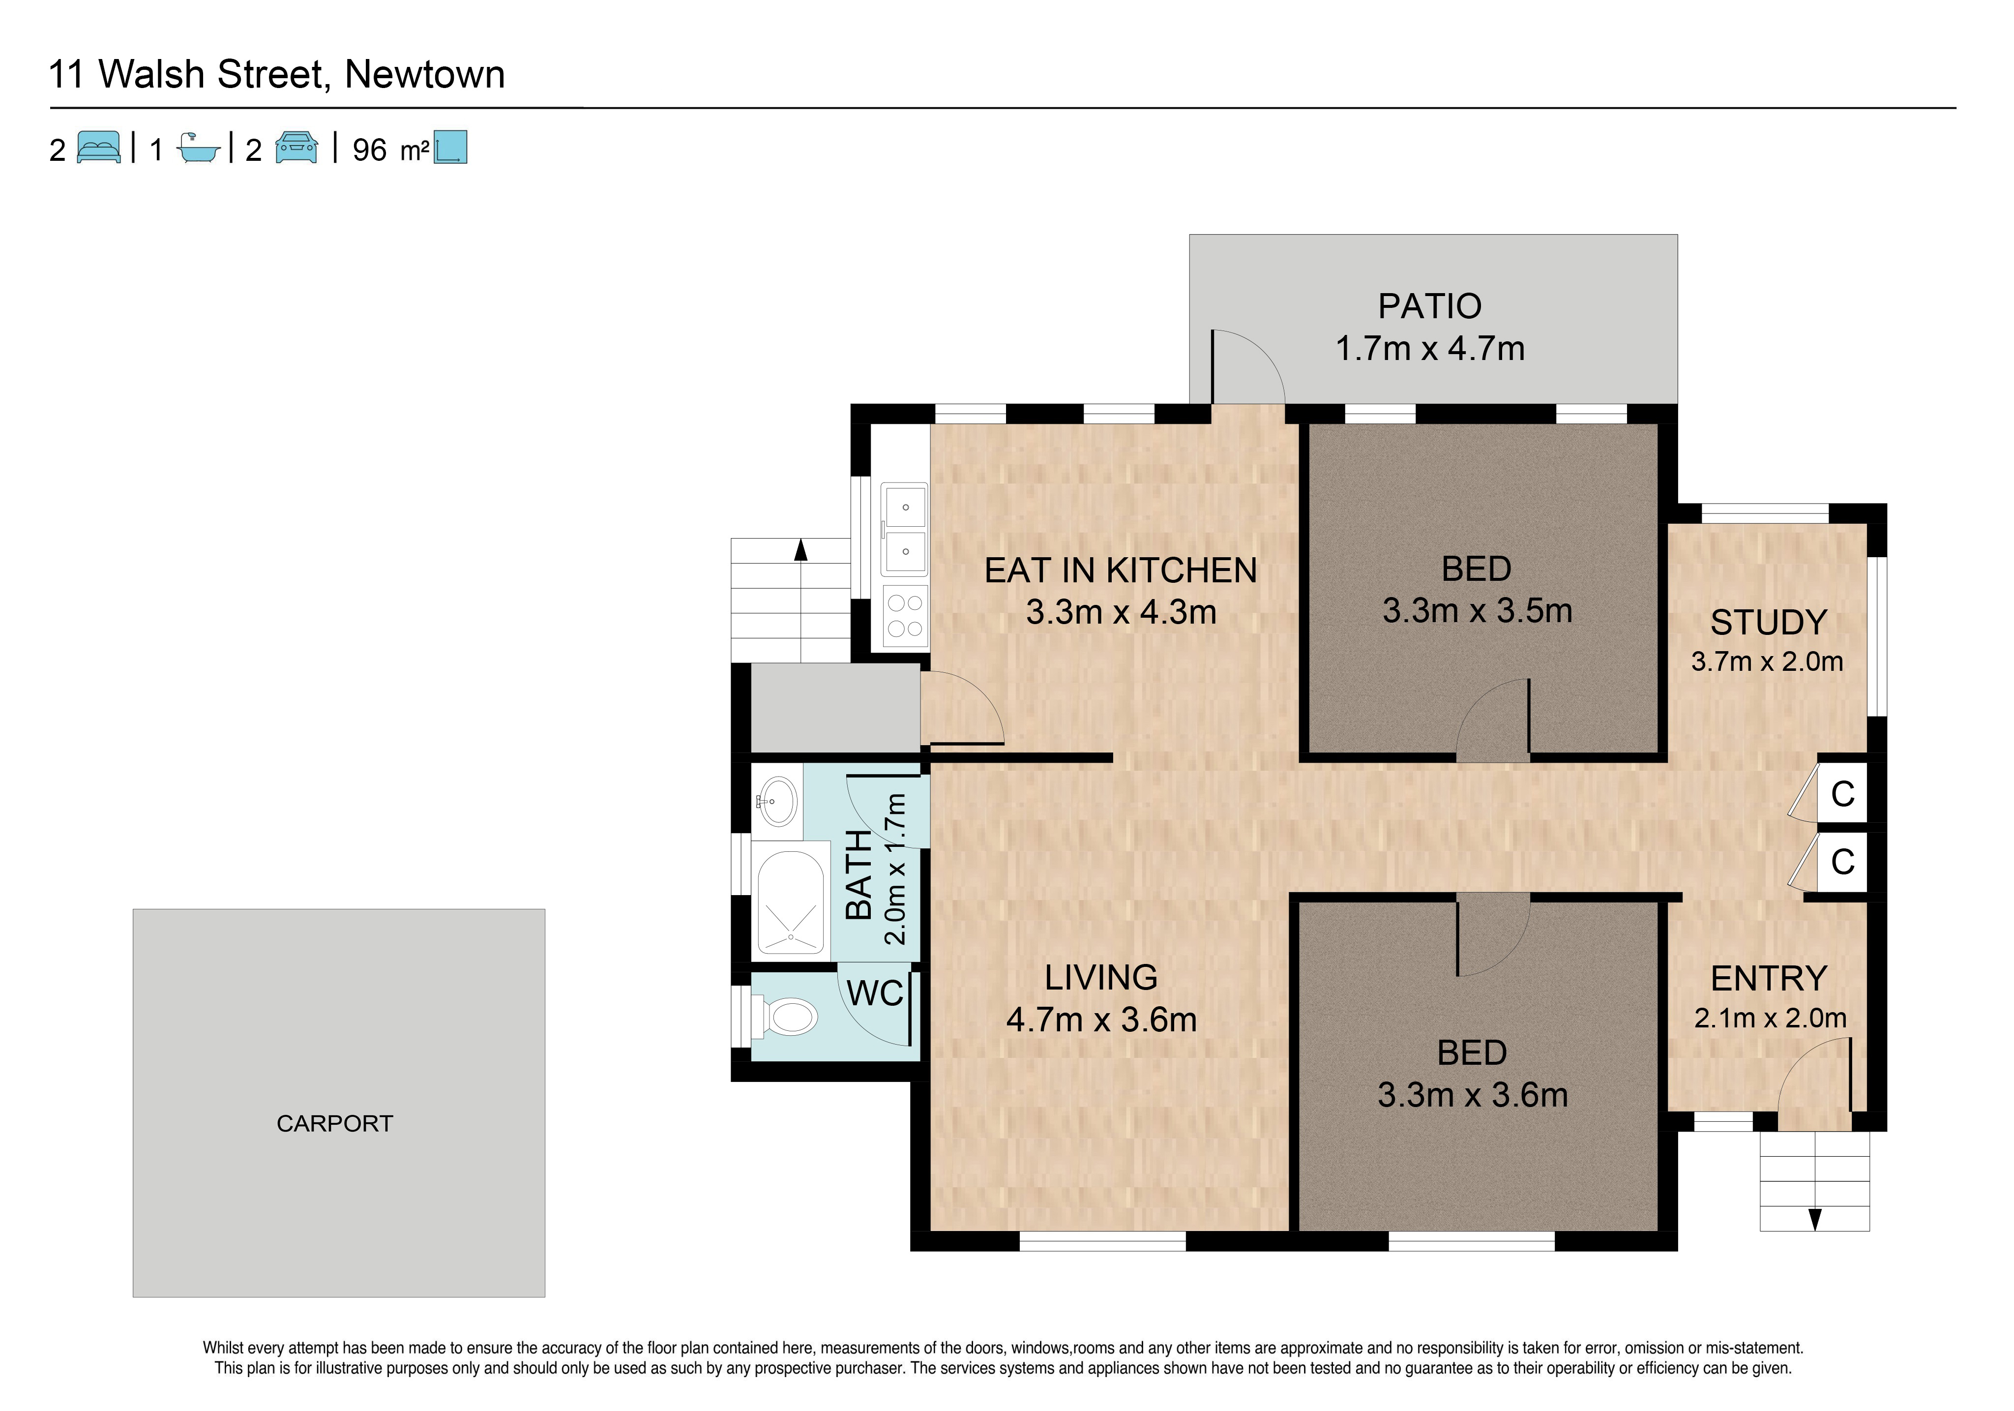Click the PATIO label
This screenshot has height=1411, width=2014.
click(1430, 306)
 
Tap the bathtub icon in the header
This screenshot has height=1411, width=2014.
click(198, 148)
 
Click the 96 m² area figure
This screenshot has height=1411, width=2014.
click(390, 150)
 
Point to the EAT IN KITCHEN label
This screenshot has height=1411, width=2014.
click(1121, 570)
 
